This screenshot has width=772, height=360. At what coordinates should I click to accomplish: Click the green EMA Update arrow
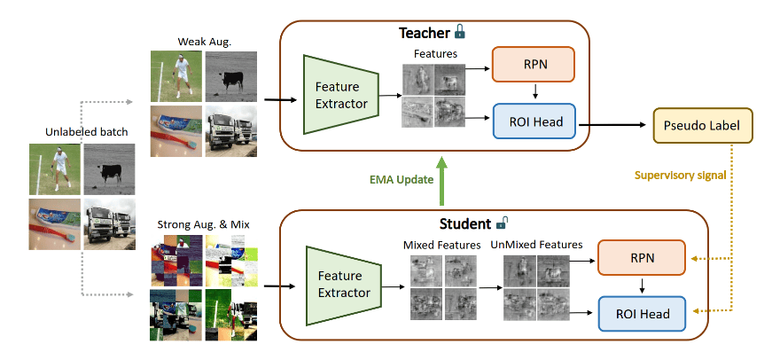point(440,182)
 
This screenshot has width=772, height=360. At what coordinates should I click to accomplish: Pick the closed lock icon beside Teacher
point(459,33)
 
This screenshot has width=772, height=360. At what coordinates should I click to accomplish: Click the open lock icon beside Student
point(501,222)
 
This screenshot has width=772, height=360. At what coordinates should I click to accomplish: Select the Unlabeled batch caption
point(87,132)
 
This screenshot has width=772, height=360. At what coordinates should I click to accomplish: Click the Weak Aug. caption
point(203,42)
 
